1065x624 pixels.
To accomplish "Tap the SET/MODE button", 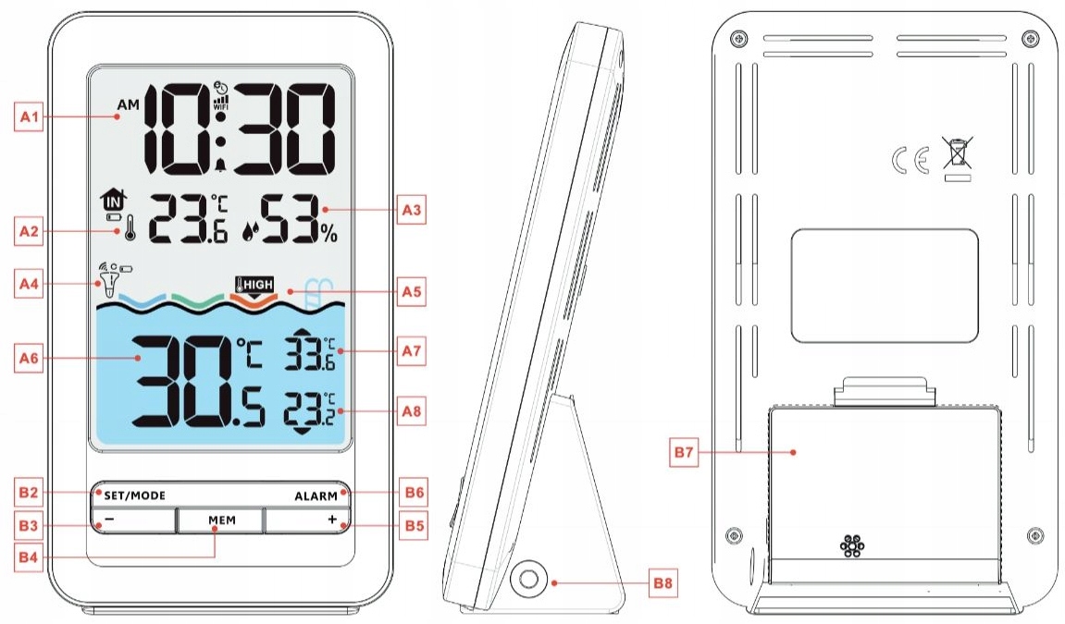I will click(129, 496).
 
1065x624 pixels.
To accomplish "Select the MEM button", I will click(222, 520).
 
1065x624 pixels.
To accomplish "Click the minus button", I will click(132, 520).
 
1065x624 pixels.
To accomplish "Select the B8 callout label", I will click(663, 582).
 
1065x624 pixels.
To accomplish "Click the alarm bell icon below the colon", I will click(220, 166).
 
